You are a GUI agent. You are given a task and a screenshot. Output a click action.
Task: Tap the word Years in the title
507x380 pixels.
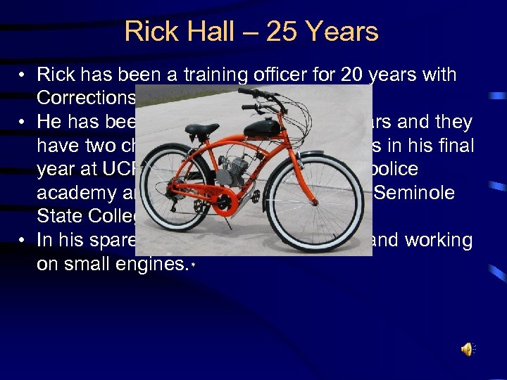[337, 32]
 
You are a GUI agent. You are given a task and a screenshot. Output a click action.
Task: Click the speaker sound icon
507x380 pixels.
[468, 349]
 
